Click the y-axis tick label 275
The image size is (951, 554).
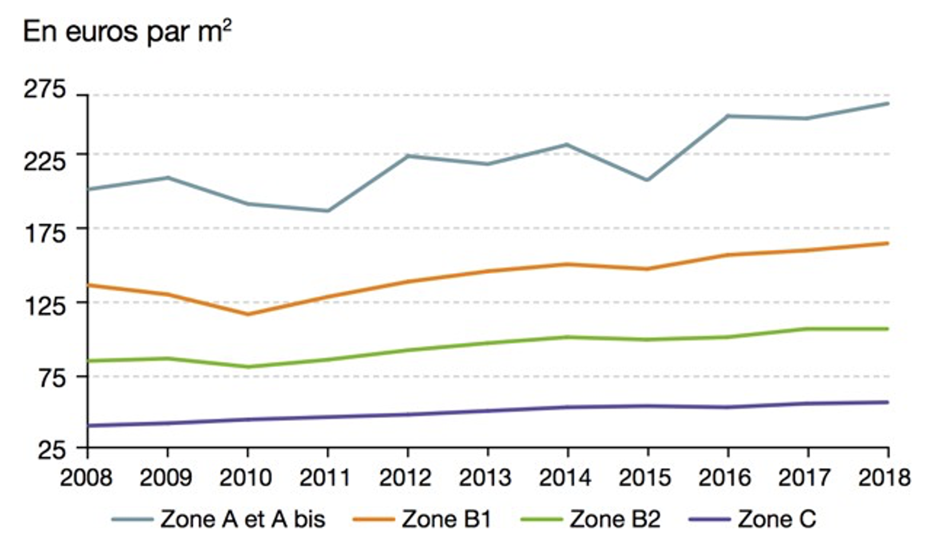[45, 90]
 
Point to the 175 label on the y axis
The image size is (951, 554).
[45, 234]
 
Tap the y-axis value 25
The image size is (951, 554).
[52, 451]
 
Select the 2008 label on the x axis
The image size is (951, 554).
[86, 477]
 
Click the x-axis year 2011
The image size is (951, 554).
[326, 477]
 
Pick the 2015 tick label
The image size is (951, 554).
[645, 477]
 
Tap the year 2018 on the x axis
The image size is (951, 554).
[884, 477]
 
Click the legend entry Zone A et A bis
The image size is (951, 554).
[243, 520]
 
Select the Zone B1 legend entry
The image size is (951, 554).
[446, 520]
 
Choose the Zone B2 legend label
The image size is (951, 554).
[615, 520]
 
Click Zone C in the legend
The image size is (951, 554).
[776, 520]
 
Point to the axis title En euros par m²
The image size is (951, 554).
[127, 32]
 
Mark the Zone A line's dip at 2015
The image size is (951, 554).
[647, 180]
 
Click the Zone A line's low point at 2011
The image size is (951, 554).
[327, 211]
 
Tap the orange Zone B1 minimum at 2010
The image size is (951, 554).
[248, 314]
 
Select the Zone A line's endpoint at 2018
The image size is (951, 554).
[887, 104]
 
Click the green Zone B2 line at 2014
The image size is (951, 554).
[567, 337]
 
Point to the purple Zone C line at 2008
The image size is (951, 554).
[88, 426]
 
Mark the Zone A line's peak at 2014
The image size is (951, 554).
[567, 144]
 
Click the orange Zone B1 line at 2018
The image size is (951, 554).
[887, 243]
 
